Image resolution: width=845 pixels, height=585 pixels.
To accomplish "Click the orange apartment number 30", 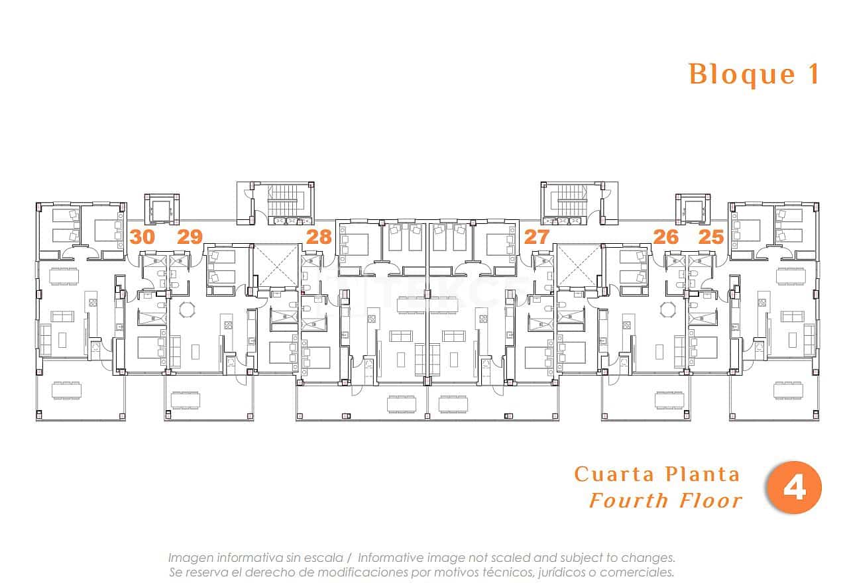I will [x=142, y=237].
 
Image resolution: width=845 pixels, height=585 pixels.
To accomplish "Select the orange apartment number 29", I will [x=190, y=237].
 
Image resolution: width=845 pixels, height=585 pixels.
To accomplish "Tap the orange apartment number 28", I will [x=319, y=237].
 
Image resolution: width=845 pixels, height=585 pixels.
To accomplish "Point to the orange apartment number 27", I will [x=537, y=237].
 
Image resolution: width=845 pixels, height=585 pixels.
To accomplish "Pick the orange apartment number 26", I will [x=666, y=237].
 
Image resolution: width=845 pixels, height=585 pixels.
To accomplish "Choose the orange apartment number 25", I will [x=711, y=237].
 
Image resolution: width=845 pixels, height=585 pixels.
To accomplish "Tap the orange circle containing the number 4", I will [x=794, y=489].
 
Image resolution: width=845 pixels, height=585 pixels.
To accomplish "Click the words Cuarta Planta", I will [x=657, y=474].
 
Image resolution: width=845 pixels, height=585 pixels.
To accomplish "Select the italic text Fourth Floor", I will [x=665, y=500].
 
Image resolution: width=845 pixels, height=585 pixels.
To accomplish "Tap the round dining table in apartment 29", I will [x=188, y=309].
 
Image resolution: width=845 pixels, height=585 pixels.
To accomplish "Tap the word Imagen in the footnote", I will [x=188, y=558].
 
